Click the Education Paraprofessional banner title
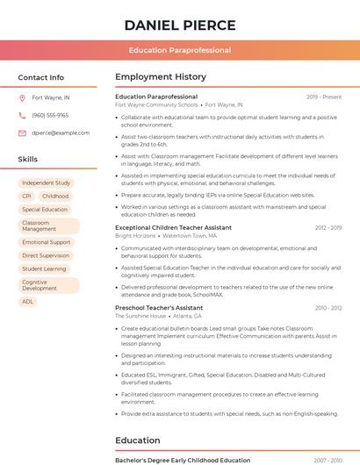[x=179, y=50]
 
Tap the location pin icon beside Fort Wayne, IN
[x=22, y=98]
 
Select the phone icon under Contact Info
[x=22, y=116]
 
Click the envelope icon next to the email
[x=22, y=133]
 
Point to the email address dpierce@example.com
[x=61, y=133]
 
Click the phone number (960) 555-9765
[x=50, y=116]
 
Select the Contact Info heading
[x=41, y=77]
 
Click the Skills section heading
[x=28, y=159]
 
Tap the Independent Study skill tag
[x=47, y=183]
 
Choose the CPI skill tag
[x=26, y=197]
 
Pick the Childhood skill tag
[x=55, y=197]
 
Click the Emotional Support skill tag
[x=47, y=242]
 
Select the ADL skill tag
[x=28, y=302]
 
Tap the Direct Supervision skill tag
[x=46, y=255]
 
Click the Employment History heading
[x=161, y=77]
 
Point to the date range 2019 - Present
[x=324, y=97]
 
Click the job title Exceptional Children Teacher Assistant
[x=173, y=228]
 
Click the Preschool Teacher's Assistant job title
[x=159, y=309]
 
